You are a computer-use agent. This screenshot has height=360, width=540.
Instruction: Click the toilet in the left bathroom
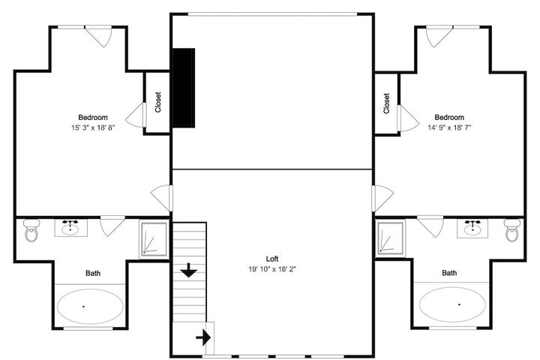[31, 231]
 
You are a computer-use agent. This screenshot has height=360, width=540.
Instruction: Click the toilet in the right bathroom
[513, 230]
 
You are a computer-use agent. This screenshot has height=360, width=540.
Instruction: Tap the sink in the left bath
[70, 228]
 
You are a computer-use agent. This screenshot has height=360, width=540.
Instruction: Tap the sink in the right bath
[472, 228]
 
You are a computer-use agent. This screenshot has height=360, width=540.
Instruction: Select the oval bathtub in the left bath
[90, 306]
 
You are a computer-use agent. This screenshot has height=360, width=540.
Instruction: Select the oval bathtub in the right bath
[452, 304]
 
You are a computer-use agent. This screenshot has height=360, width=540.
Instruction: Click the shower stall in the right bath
[391, 238]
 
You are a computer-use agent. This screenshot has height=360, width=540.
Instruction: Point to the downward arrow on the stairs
[189, 270]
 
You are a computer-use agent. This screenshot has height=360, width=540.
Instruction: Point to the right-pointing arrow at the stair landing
[203, 337]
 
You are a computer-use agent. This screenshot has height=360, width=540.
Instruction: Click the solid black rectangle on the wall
[184, 88]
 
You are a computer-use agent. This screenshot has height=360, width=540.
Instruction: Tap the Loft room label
[272, 259]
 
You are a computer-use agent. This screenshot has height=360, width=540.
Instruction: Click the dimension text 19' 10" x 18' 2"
[272, 269]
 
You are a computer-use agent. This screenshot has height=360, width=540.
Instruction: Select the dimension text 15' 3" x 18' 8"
[93, 127]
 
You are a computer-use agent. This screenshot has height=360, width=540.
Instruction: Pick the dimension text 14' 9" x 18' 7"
[449, 127]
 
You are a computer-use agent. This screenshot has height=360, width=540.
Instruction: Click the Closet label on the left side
[157, 102]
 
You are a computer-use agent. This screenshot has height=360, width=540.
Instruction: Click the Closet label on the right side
[386, 103]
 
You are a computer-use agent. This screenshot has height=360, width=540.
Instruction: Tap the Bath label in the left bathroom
[93, 273]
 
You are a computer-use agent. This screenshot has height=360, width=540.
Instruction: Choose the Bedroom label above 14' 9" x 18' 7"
[449, 117]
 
